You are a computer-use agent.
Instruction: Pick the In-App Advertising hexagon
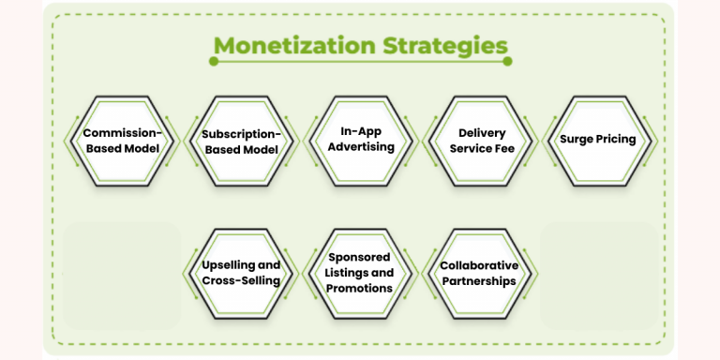(x=361, y=141)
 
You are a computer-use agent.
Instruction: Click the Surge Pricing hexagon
(x=598, y=141)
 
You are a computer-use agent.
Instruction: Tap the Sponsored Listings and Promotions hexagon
(x=361, y=274)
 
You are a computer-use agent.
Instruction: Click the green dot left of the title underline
(x=215, y=62)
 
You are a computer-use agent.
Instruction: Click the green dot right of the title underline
(x=508, y=62)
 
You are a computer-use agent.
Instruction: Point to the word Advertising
(x=361, y=147)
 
